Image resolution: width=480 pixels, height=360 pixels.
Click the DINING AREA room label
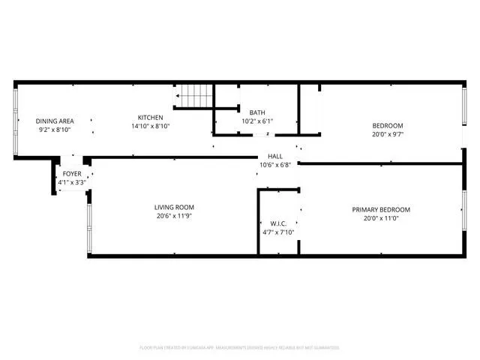(x=55, y=120)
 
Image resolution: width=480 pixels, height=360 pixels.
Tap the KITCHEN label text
(x=150, y=117)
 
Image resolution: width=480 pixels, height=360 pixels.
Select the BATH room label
(x=257, y=112)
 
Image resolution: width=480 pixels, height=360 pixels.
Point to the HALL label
(x=275, y=157)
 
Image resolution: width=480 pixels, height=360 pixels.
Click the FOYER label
(x=72, y=174)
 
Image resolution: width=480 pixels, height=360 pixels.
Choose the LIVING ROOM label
(x=175, y=208)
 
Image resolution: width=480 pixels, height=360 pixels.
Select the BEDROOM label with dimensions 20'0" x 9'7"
(x=388, y=125)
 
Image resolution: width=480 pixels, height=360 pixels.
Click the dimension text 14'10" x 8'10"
(x=150, y=126)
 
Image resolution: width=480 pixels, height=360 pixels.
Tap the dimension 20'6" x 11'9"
(x=175, y=217)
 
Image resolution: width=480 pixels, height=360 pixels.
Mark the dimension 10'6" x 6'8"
(x=275, y=165)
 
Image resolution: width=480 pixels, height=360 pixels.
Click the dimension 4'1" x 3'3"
(x=72, y=181)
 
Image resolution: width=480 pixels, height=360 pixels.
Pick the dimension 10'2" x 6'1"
(x=257, y=121)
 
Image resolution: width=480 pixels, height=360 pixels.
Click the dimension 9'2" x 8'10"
(x=55, y=129)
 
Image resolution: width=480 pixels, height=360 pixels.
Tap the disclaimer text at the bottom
(x=239, y=347)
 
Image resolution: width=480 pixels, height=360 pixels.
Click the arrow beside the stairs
(x=178, y=96)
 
